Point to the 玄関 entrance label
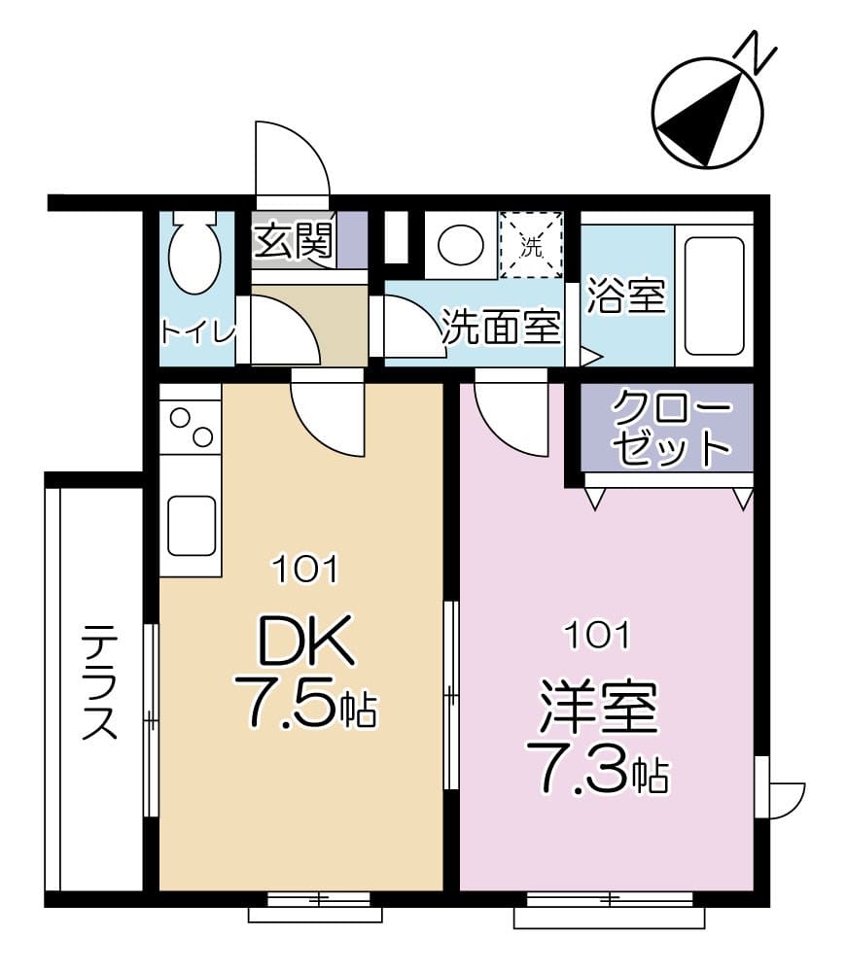click(294, 242)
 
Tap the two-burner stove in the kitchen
click(191, 428)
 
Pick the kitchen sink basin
click(191, 525)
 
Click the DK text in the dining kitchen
click(302, 642)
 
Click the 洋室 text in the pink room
click(597, 708)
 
